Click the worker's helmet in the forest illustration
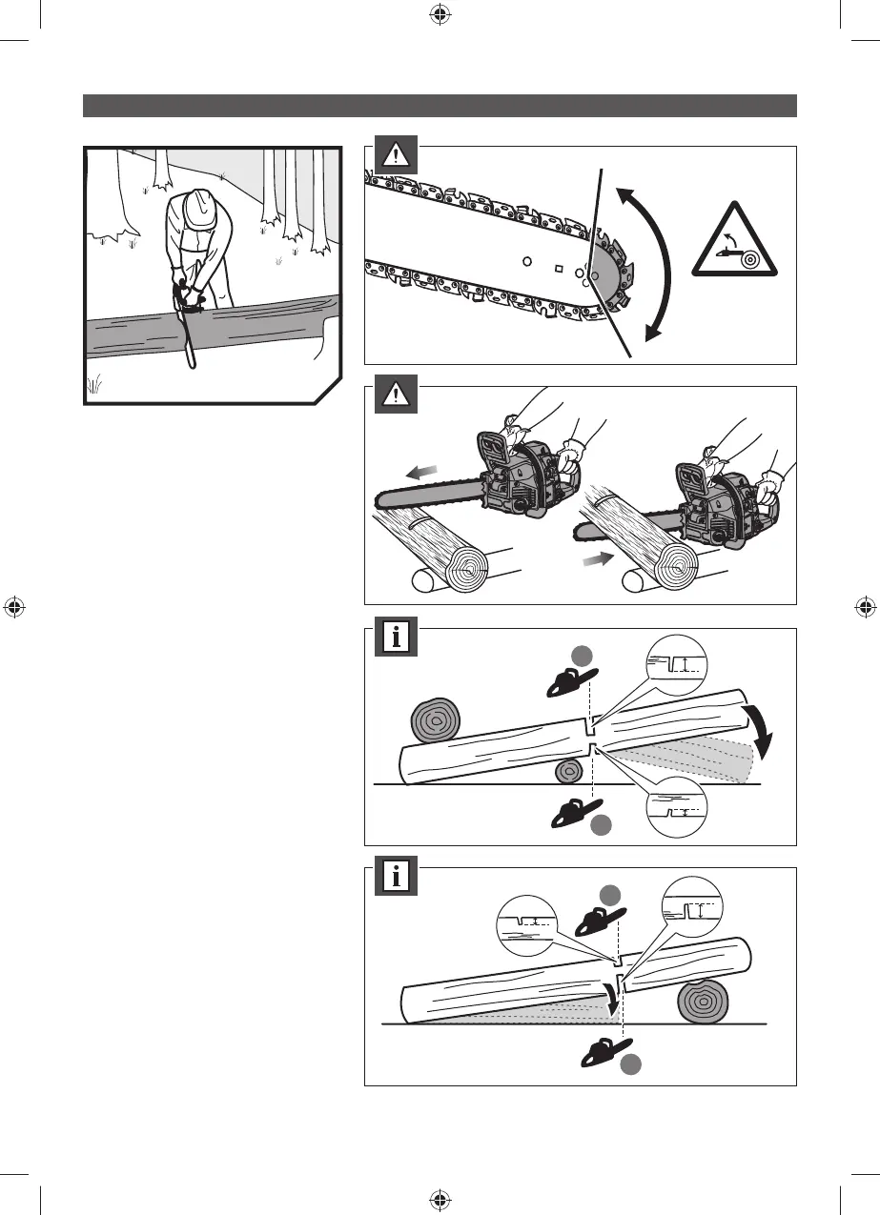pos(200,208)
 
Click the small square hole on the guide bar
pos(558,268)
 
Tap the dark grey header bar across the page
pos(440,105)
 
